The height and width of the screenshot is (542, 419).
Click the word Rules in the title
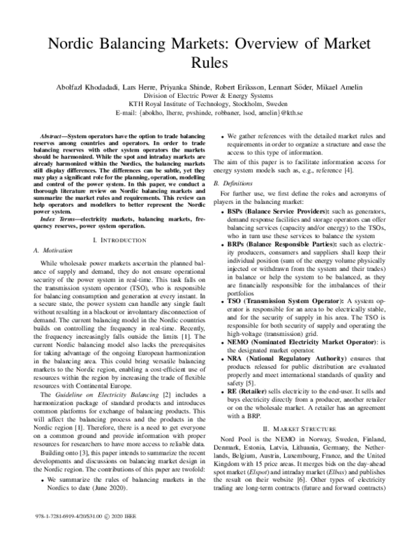[209, 63]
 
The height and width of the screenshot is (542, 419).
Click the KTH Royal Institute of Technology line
[209, 103]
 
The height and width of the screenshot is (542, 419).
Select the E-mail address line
[209, 112]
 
